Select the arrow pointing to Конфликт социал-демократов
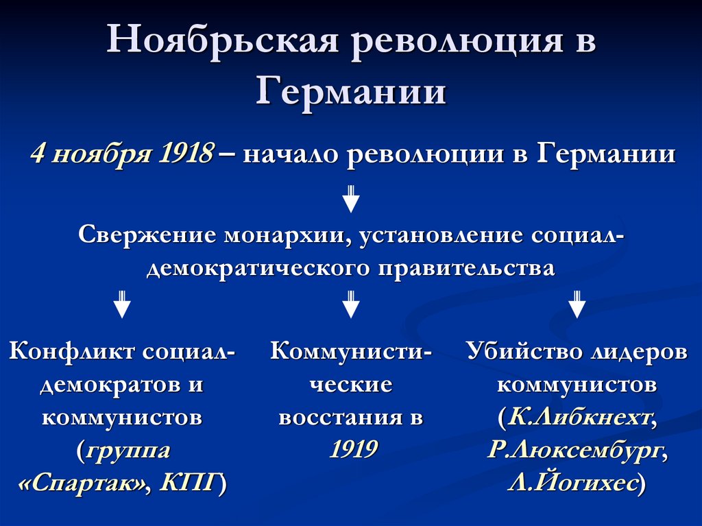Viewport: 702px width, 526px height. (x=122, y=304)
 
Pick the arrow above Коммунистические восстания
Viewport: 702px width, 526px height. (x=351, y=304)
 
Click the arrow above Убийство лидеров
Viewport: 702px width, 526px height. (x=577, y=304)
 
